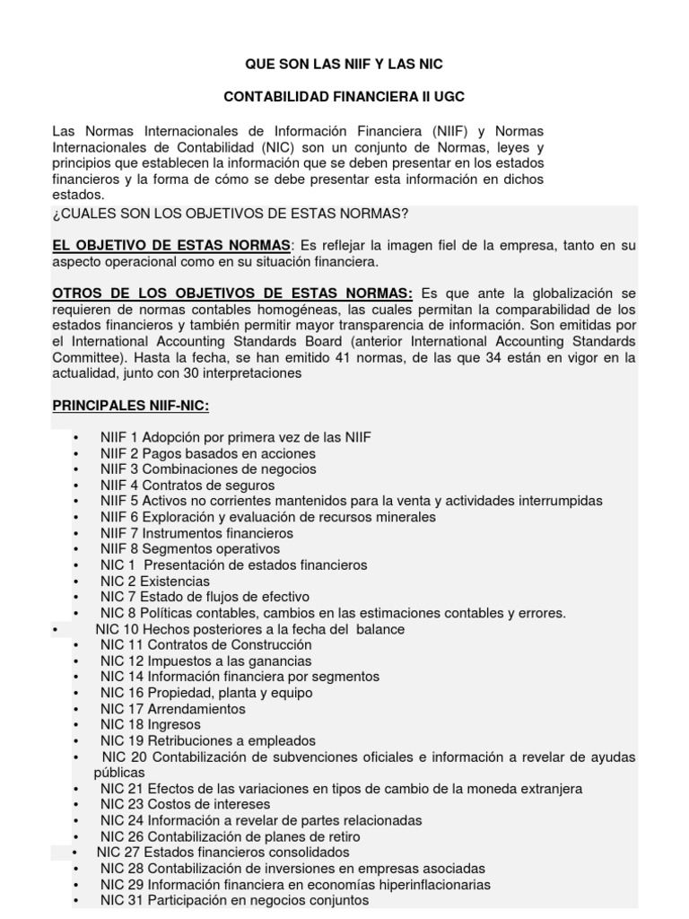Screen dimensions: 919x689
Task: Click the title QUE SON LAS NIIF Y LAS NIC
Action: point(344,65)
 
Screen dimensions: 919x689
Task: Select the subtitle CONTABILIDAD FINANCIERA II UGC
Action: point(344,96)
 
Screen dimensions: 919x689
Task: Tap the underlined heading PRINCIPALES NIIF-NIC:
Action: point(131,406)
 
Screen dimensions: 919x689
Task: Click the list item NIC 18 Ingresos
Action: point(150,725)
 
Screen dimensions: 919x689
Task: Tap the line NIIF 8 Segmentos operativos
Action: point(189,549)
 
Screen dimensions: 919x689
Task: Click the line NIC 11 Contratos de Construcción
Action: point(205,645)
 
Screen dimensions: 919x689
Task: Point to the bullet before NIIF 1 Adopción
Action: point(76,438)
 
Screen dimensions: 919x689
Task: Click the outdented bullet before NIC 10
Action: point(56,630)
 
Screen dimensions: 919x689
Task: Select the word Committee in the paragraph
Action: point(85,358)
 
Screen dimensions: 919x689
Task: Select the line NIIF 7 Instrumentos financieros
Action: point(196,533)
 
